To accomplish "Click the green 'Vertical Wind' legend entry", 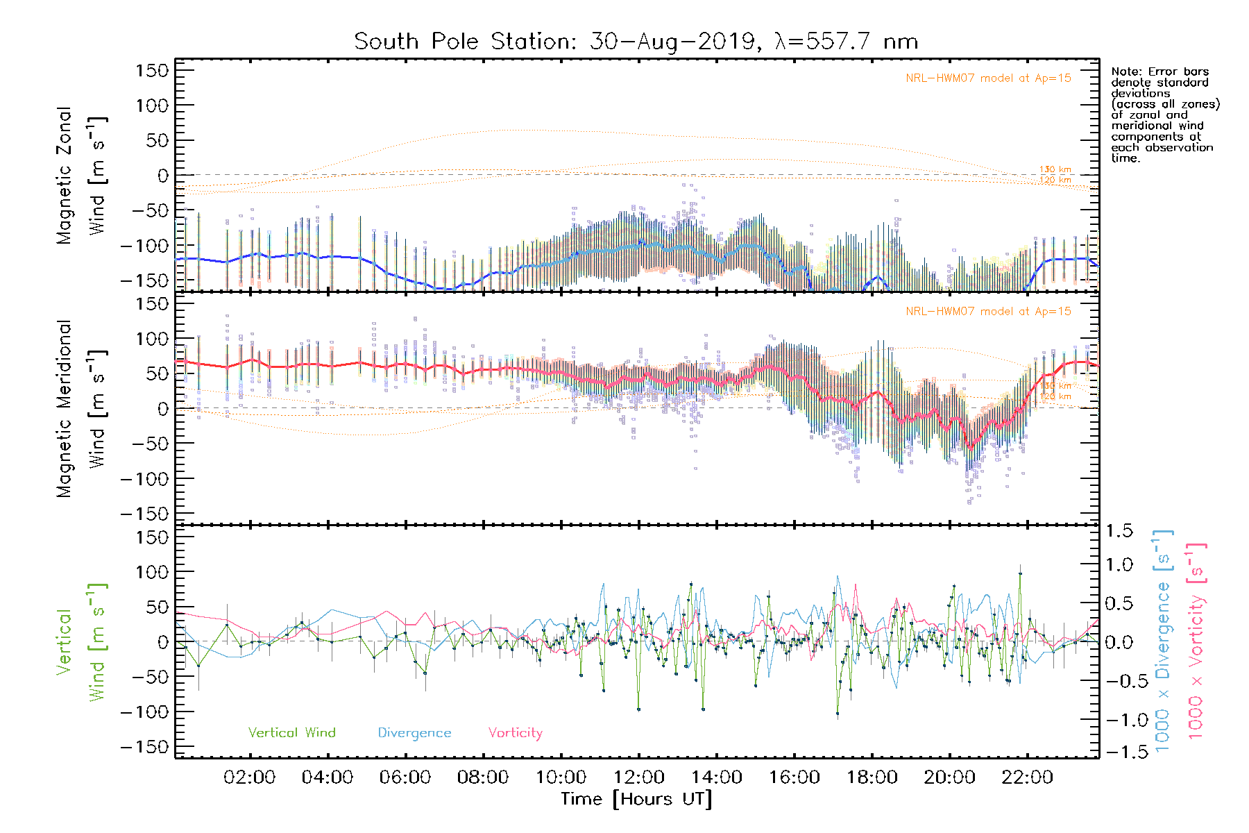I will [291, 732].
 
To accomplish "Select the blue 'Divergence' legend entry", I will [414, 732].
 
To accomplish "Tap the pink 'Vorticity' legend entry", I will [515, 732].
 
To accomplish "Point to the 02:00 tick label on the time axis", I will [249, 777].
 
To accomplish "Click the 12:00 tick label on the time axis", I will [638, 777].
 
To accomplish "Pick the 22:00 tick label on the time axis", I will [1027, 777].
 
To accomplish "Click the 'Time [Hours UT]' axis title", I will [636, 799].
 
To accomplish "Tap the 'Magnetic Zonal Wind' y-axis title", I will [82, 176].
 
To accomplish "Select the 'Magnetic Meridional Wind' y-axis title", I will [82, 409].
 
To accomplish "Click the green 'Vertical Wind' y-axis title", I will [82, 642].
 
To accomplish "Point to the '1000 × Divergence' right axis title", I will [1163, 642].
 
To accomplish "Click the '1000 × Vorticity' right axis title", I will [1196, 642].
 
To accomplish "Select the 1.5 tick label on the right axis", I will [1119, 531].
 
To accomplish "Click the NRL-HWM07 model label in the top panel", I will [988, 78].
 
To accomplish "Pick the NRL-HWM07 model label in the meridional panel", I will [988, 312].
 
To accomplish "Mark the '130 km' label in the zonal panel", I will [1055, 169].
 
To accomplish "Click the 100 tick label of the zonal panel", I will [153, 106].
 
